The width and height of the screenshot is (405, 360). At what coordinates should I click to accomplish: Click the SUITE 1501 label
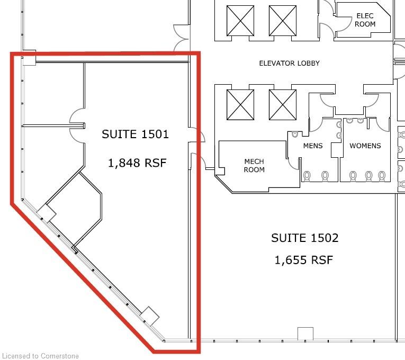pos(135,134)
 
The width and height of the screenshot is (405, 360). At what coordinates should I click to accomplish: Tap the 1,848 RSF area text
pos(137,163)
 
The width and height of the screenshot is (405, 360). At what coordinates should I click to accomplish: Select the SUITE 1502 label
pos(305,238)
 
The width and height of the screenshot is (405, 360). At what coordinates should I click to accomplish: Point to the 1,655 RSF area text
pos(303,260)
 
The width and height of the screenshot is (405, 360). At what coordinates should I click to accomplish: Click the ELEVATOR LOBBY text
pos(289,64)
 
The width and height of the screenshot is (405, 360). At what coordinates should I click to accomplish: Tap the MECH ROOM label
pos(254,166)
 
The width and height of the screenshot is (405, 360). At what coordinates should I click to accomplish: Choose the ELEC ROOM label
pos(365,20)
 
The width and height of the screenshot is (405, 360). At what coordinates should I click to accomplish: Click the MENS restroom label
pos(313,146)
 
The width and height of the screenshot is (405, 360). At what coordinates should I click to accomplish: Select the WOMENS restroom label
pos(365,146)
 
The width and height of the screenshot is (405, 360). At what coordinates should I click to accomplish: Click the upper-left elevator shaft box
pos(240,21)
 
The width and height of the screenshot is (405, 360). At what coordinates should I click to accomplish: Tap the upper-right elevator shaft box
pos(283,21)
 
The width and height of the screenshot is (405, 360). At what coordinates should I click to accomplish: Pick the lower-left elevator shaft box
pos(240,105)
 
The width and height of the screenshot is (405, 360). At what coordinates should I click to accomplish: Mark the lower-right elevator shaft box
pos(283,105)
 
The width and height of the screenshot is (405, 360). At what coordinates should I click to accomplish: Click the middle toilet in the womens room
pos(369,176)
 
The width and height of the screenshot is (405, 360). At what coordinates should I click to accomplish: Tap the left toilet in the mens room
pos(307,176)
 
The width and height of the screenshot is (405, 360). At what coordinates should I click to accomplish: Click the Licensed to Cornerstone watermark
pos(40,356)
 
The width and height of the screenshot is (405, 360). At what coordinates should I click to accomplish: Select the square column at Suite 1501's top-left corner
pos(29,58)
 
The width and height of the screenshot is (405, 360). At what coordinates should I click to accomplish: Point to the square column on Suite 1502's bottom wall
pos(305,334)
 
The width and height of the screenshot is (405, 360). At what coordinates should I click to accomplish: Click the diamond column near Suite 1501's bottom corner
pos(149,317)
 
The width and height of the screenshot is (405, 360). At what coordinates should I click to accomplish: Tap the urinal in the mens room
pos(295,134)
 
